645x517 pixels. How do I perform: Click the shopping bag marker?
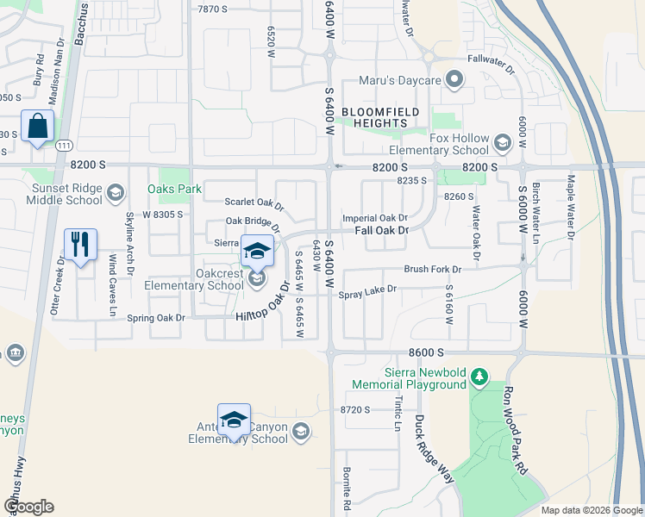coord(38,128)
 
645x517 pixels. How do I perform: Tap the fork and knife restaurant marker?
coord(80,246)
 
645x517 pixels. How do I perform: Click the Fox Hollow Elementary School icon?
coord(503,140)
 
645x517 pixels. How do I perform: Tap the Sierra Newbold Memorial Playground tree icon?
coord(479,377)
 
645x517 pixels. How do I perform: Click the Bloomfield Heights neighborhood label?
coord(380,117)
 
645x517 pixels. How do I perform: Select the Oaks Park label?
coord(174,189)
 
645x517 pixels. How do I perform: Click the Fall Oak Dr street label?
coord(380,231)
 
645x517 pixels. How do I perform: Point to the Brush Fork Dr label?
coord(433,270)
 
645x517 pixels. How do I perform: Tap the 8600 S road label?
coord(427,353)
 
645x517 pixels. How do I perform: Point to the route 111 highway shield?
coord(65,147)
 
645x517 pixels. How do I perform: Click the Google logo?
coord(28,507)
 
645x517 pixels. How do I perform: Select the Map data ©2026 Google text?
coord(591,510)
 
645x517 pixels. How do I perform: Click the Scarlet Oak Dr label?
coord(254,202)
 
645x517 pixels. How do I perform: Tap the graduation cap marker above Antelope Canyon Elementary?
coord(234,420)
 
